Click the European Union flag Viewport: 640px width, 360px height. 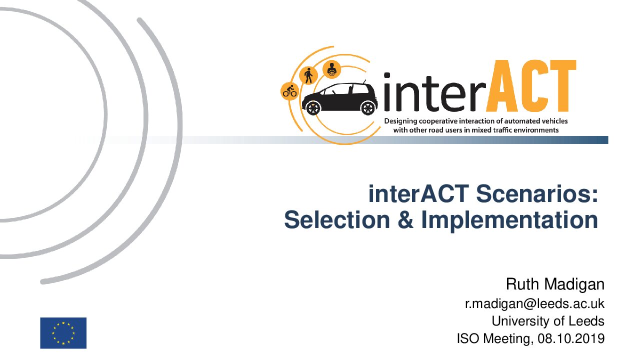pos(63,333)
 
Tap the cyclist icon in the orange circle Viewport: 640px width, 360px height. pos(289,91)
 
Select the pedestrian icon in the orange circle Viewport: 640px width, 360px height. pos(308,75)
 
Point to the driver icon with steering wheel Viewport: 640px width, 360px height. pos(331,69)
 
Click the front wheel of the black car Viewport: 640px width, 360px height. pos(313,107)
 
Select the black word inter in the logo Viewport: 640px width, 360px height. pos(434,92)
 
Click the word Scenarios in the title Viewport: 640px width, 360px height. pos(537,194)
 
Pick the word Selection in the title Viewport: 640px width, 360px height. pos(337,220)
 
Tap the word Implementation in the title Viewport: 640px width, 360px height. pos(509,220)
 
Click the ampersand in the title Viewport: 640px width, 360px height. pos(405,220)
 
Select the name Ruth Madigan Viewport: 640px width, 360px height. pos(555,284)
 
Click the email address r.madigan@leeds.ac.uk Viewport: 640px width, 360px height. pos(535,303)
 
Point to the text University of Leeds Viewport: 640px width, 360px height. pos(548,321)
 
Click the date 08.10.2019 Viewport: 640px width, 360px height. pos(571,339)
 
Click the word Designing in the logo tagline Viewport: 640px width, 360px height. pos(400,121)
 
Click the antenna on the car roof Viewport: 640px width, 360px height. pos(364,81)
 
